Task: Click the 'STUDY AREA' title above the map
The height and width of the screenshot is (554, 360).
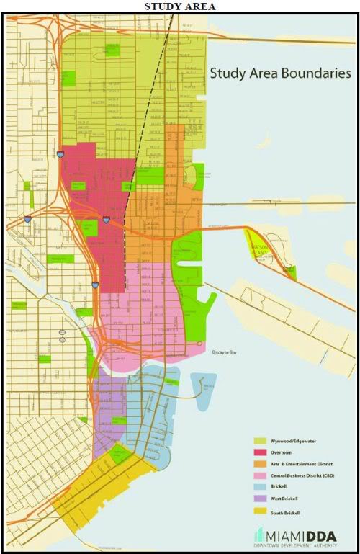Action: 180,6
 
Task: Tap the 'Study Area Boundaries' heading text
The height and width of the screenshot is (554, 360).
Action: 279,73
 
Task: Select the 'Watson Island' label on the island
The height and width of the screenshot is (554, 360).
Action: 259,251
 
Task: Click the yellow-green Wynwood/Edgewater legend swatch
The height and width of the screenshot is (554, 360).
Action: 259,439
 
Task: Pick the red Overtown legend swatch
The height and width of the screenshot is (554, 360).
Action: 259,451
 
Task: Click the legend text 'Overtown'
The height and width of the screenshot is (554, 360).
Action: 283,451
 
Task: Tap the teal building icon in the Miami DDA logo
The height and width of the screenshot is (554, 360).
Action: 258,535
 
